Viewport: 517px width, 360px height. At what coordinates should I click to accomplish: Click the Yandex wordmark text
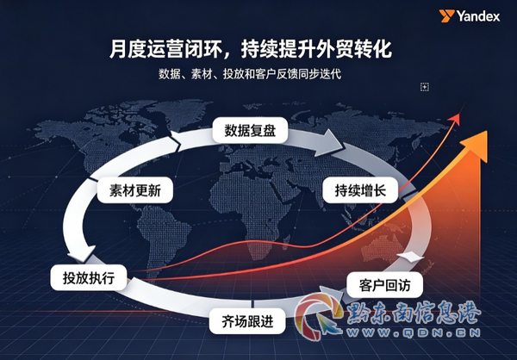pos(477,16)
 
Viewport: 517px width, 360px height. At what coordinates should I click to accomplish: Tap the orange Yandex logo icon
pos(446,16)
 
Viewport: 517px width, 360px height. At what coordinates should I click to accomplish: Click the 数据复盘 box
pos(250,131)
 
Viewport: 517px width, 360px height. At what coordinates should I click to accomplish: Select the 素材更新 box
pos(135,190)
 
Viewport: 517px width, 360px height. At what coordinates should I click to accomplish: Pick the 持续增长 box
pos(360,190)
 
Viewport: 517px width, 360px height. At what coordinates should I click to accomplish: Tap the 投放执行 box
pos(89,277)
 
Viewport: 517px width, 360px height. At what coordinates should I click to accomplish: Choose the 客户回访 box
pos(385,285)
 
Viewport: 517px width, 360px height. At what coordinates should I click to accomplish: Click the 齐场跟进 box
pos(247,320)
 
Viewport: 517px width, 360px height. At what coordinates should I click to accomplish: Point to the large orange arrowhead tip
pos(487,131)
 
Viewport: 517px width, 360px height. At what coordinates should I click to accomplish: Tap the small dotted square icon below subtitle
pos(425,87)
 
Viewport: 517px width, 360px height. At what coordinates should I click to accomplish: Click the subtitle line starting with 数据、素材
pos(250,74)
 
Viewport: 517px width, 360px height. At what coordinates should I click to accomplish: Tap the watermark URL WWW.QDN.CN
pos(414,332)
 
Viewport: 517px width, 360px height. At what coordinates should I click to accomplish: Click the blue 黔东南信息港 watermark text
pos(414,313)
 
